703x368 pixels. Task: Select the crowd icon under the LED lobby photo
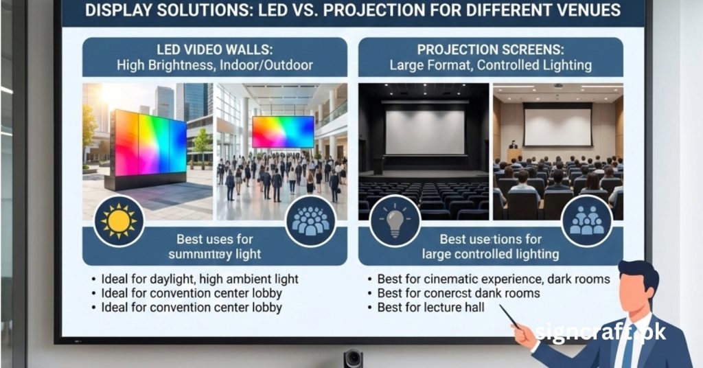[310, 220]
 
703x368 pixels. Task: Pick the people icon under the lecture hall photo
[586, 220]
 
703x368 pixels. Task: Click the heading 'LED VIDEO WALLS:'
[214, 50]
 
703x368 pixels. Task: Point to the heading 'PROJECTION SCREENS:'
[490, 50]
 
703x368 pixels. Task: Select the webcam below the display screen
[353, 358]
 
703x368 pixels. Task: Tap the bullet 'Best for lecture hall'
[430, 308]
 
